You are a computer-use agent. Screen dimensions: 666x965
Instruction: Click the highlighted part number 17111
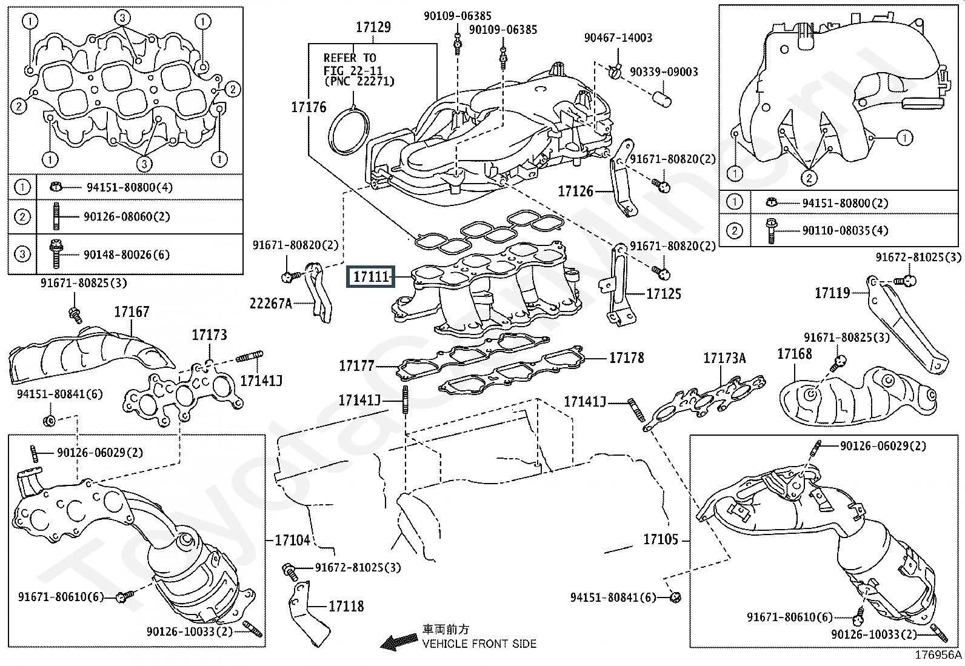[370, 278]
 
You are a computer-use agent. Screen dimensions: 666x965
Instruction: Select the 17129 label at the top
[373, 27]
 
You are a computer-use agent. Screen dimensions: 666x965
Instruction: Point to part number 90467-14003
[618, 38]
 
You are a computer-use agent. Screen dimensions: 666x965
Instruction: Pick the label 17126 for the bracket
[575, 191]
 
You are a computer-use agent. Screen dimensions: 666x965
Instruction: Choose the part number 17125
[664, 294]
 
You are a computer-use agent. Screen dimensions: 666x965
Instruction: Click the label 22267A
[271, 303]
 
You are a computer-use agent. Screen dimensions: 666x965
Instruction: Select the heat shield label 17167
[132, 312]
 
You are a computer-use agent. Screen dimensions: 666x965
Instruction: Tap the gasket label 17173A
[724, 359]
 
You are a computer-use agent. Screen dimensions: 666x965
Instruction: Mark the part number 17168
[794, 354]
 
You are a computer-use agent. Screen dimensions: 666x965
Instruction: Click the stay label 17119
[832, 293]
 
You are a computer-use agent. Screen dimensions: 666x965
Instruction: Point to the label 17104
[292, 540]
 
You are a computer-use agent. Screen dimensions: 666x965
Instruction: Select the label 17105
[661, 539]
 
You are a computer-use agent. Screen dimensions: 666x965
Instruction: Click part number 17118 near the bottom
[346, 605]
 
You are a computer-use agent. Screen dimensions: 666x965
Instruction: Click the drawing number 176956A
[938, 655]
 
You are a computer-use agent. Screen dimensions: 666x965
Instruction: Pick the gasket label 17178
[627, 358]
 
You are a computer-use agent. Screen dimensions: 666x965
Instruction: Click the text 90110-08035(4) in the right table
[845, 231]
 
